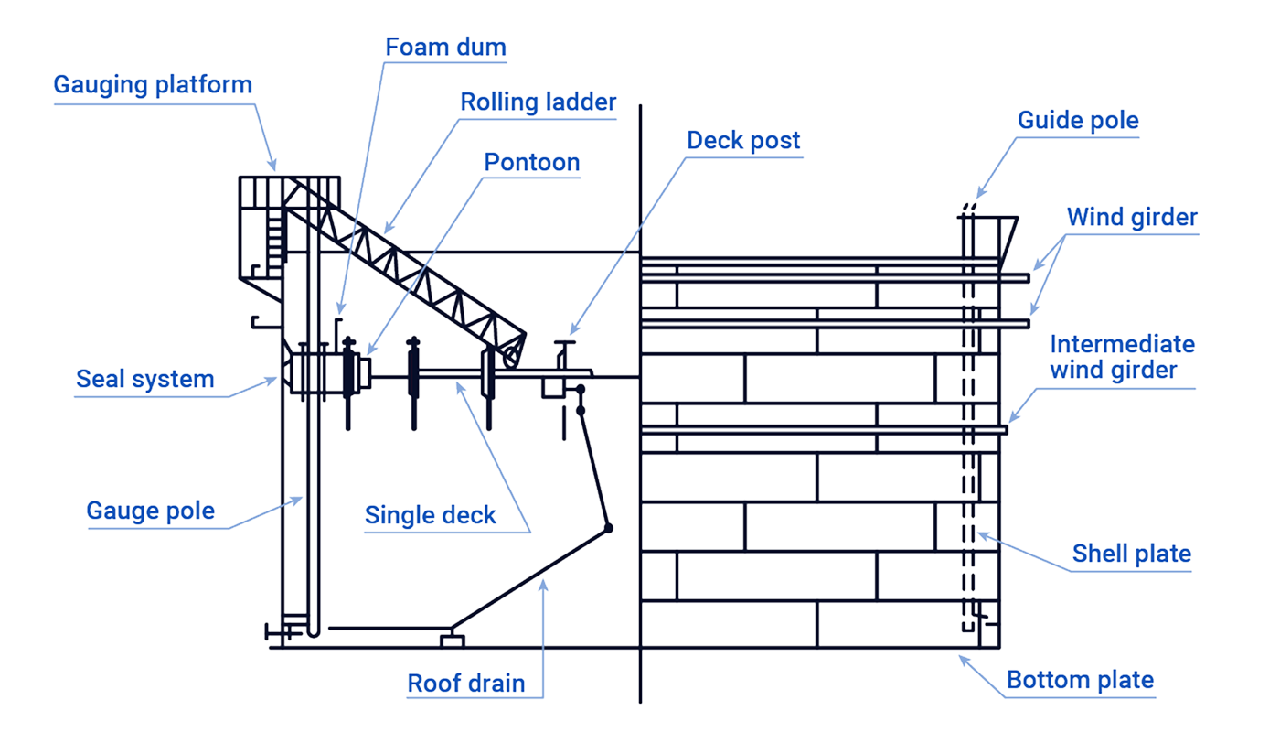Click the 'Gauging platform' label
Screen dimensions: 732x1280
click(x=153, y=85)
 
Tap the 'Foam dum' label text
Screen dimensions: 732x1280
click(x=446, y=47)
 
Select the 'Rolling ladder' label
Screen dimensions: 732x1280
click(x=538, y=102)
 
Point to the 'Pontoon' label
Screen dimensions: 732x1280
click(x=532, y=163)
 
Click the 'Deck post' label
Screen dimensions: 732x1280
click(x=743, y=140)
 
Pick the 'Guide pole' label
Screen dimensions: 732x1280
click(x=1078, y=121)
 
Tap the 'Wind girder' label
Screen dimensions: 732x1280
click(x=1132, y=218)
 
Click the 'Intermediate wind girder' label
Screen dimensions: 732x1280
click(x=1122, y=357)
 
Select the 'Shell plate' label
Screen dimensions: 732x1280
click(x=1132, y=554)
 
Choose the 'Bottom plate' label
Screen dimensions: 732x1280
click(x=1080, y=680)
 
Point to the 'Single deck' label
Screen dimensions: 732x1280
click(x=431, y=514)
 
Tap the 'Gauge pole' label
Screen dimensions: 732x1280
click(x=151, y=510)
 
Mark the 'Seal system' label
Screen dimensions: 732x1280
click(x=145, y=378)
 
